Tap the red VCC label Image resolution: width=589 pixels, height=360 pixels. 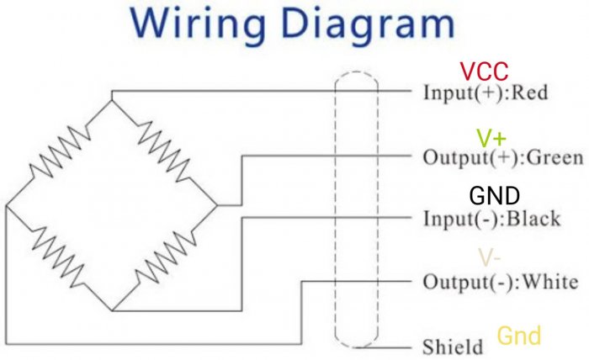coord(486,72)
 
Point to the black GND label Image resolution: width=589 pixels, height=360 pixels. coord(494,197)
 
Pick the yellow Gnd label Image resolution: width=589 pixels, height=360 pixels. coord(519,336)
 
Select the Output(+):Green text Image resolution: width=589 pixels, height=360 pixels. coord(491,156)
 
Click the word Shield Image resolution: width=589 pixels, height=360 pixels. coord(453,347)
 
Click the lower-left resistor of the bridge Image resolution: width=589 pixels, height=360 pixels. coord(58,257)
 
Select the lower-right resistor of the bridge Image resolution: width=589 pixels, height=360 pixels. coord(165,257)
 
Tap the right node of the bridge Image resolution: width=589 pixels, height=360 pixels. coord(217,204)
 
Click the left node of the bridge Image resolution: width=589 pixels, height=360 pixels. coord(6,204)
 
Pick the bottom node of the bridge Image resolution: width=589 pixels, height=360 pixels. coord(112,310)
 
